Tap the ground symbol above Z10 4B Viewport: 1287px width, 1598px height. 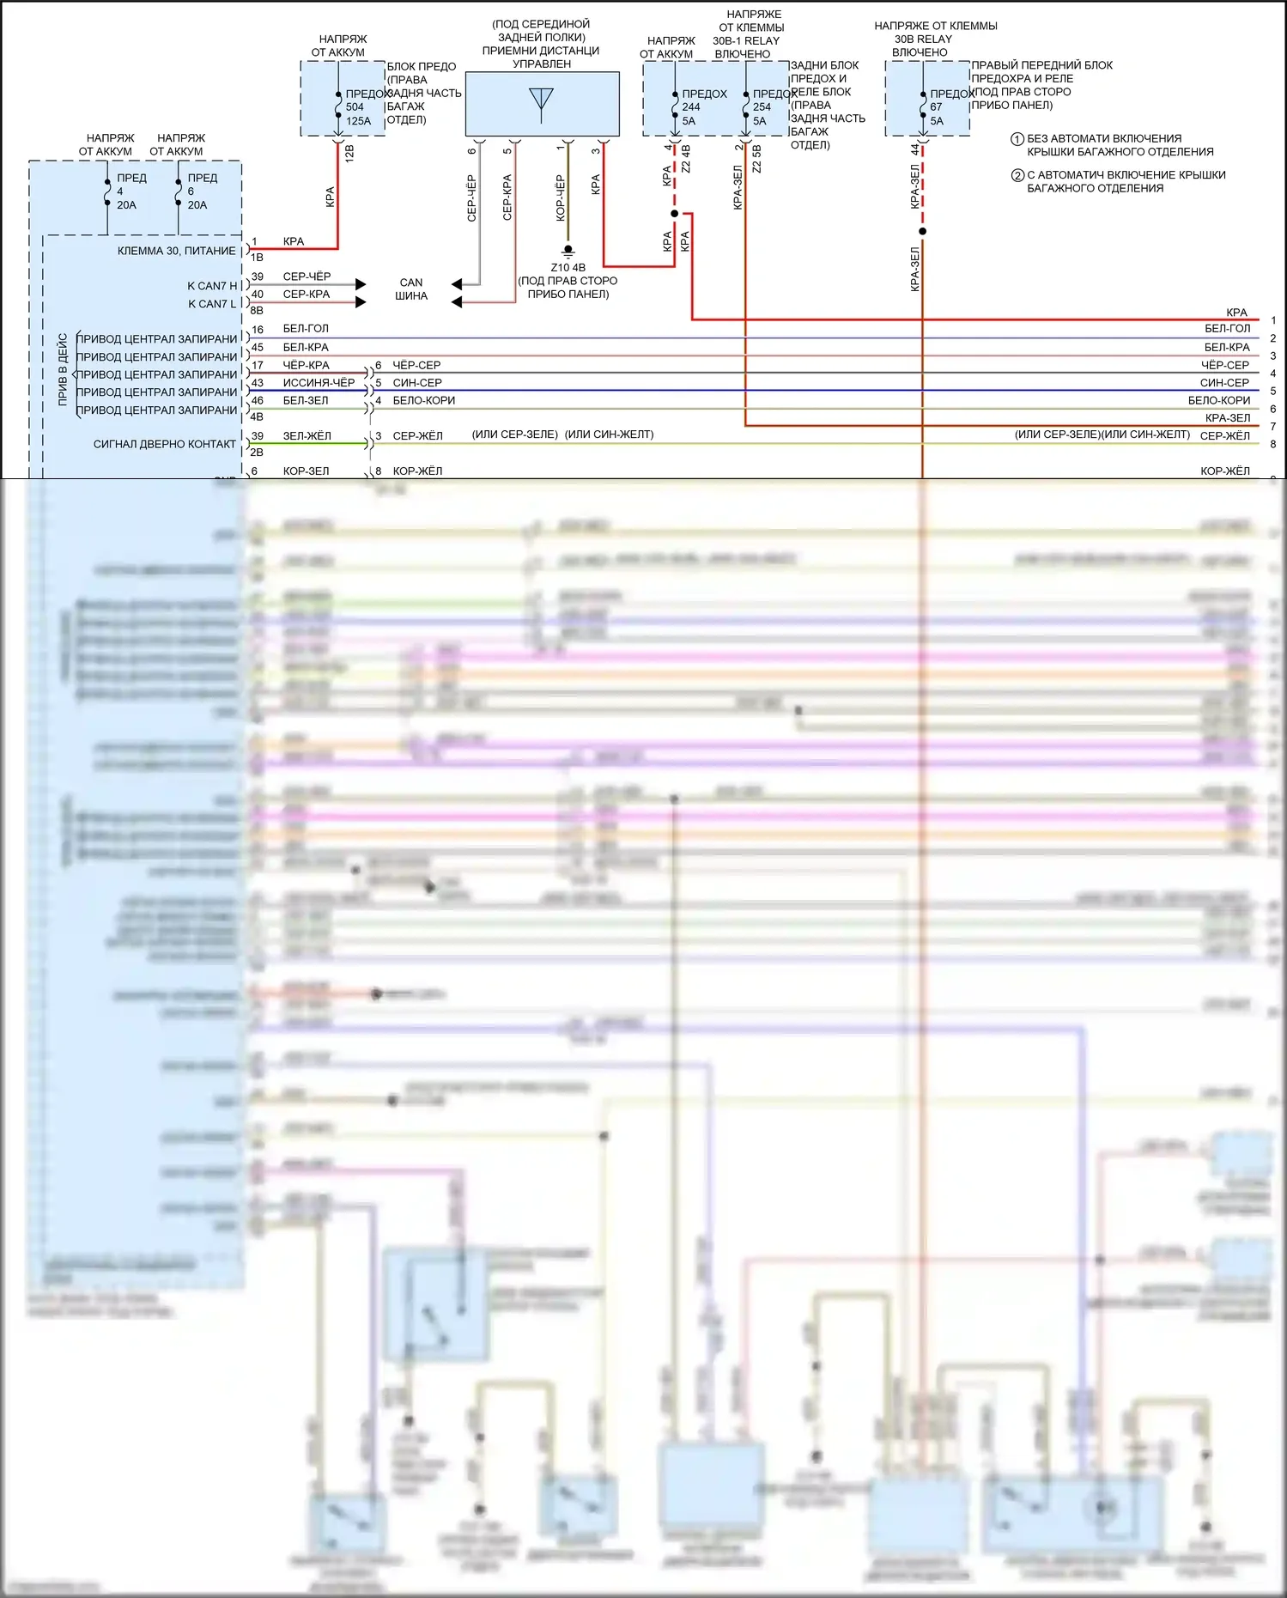[568, 252]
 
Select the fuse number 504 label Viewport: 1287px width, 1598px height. [355, 107]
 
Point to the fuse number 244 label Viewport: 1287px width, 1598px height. [691, 107]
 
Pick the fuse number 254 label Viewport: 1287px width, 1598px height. [762, 107]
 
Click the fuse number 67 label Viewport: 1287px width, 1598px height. [936, 107]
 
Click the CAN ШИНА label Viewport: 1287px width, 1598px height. [411, 289]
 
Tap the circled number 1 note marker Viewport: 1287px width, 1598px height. [1017, 139]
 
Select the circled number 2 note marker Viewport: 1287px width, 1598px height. [1017, 175]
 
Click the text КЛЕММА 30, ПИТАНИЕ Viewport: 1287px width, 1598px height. [176, 251]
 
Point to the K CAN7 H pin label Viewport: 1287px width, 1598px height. [212, 286]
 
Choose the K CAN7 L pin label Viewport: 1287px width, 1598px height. [212, 304]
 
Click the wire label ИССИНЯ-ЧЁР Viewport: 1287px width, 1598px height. [319, 383]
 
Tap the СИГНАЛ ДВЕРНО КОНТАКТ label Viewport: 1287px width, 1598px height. [164, 444]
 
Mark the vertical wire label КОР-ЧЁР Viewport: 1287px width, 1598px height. [561, 198]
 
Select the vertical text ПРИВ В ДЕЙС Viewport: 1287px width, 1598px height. [63, 369]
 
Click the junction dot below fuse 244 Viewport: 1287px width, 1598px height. [675, 213]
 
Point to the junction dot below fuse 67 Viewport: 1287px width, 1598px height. [922, 231]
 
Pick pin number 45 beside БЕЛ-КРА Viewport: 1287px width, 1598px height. [258, 348]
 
